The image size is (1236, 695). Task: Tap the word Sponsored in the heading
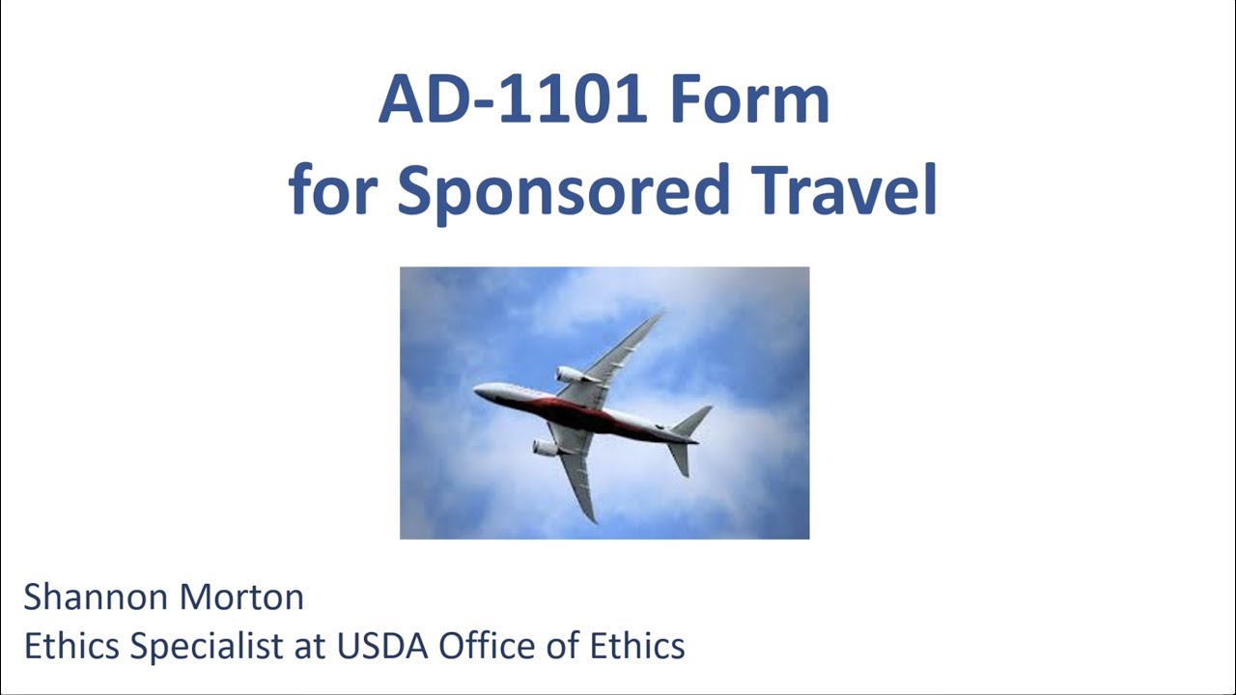click(x=562, y=190)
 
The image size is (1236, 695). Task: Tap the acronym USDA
click(x=383, y=646)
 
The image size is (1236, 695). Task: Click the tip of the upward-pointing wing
click(x=660, y=314)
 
